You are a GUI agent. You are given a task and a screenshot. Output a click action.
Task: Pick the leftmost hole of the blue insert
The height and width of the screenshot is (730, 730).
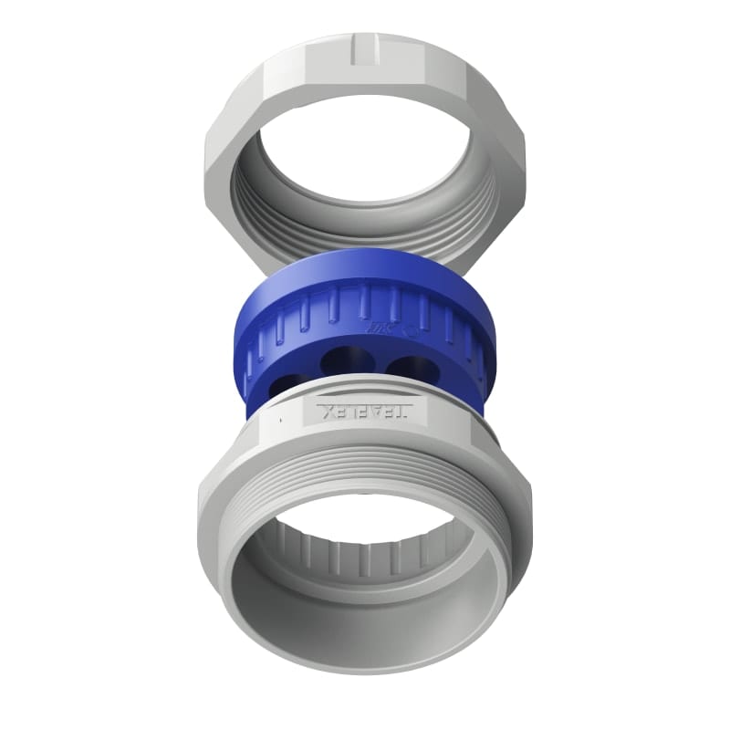[282, 381]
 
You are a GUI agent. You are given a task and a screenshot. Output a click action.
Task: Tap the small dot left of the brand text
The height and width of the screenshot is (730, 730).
[282, 415]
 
